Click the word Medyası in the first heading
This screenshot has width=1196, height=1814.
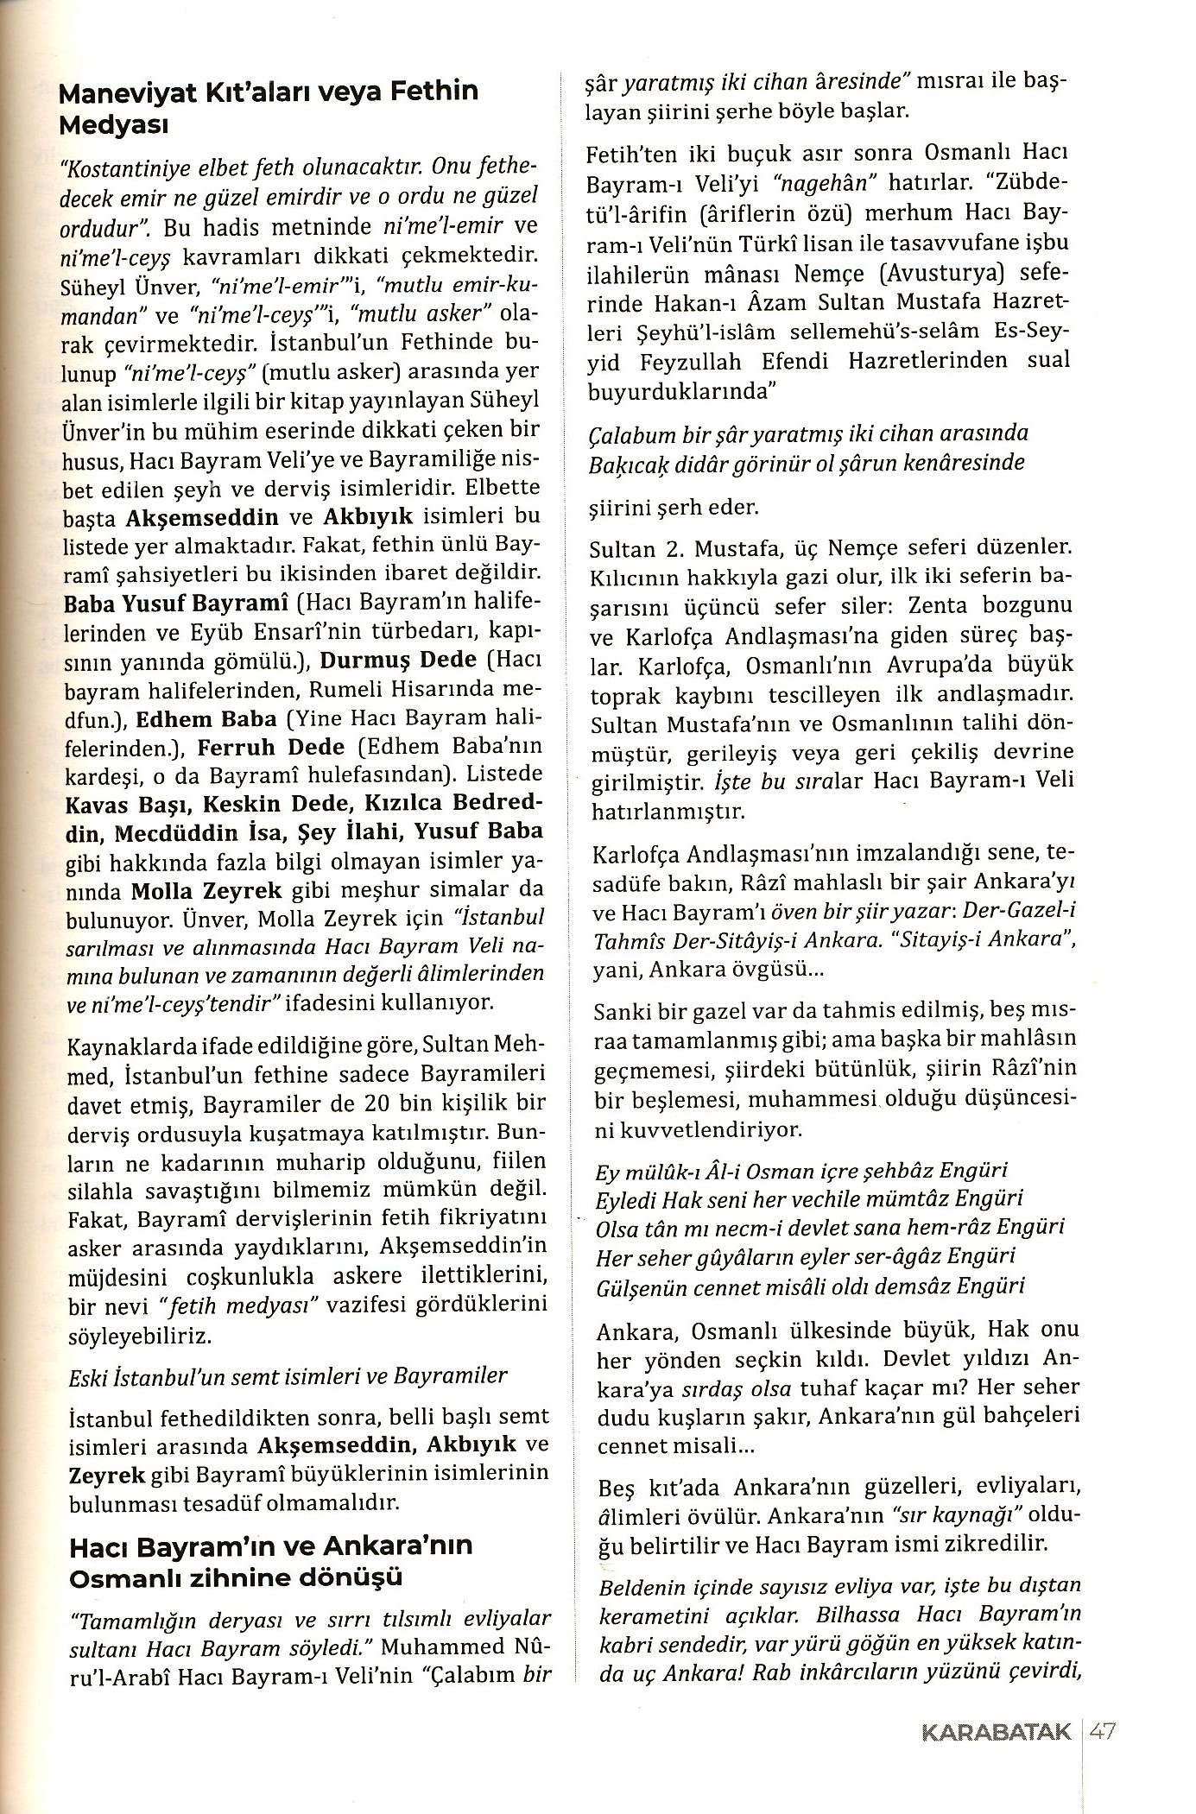click(112, 125)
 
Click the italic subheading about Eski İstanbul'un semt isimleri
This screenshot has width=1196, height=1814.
click(287, 1375)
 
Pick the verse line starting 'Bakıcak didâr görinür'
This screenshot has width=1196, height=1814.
click(807, 462)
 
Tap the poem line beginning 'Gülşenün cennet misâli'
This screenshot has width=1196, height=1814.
click(810, 1286)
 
